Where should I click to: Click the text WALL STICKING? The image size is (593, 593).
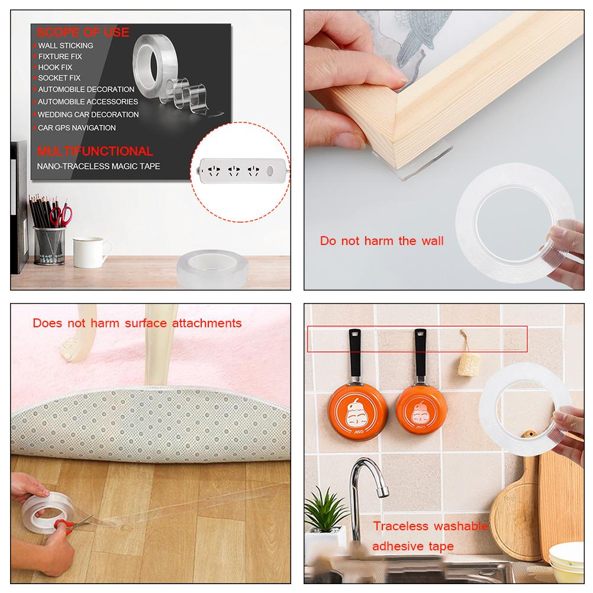66,46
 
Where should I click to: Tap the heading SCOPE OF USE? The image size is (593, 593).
83,32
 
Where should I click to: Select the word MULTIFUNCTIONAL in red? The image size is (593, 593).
95,152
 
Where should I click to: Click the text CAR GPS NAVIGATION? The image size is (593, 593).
77,128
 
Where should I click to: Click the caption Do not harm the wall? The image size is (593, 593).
382,241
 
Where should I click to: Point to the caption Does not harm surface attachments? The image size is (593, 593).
137,323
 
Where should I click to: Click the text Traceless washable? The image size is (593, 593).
430,526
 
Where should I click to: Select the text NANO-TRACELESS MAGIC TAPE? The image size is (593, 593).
99,166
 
